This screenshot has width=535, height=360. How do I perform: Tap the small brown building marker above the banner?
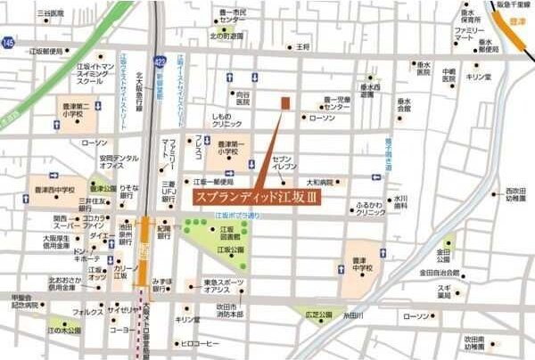click(x=285, y=103)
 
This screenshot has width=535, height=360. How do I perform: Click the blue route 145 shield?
click(x=8, y=42)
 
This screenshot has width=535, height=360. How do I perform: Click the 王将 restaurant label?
click(x=303, y=46)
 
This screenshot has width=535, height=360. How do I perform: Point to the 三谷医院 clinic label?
click(x=51, y=15)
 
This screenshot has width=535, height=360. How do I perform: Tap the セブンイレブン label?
click(x=284, y=160)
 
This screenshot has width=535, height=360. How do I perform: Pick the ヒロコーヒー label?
click(x=200, y=344)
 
